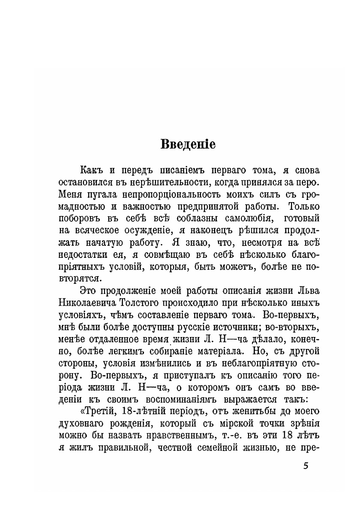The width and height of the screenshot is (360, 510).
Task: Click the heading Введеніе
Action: (x=188, y=144)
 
